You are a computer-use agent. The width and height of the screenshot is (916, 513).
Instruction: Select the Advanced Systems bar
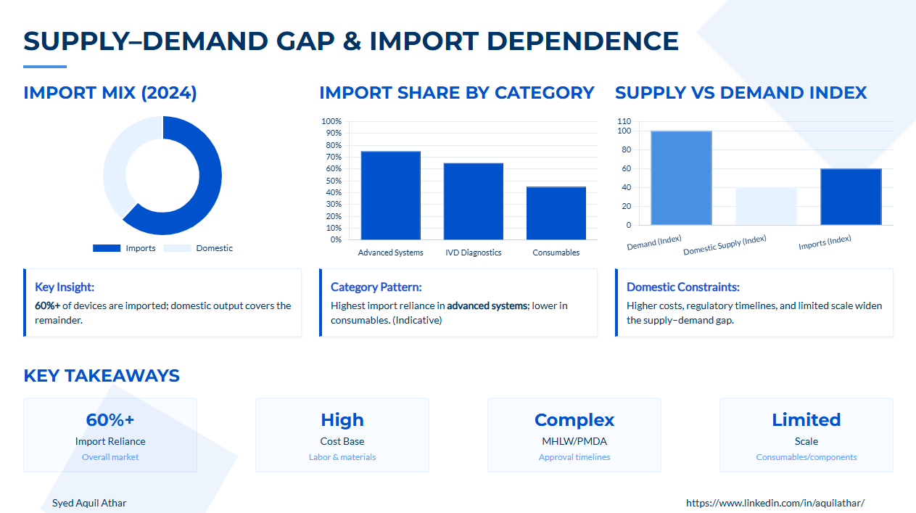coord(390,195)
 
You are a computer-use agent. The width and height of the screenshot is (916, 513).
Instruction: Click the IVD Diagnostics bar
coord(474,201)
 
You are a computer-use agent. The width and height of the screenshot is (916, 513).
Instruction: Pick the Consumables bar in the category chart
coord(556,213)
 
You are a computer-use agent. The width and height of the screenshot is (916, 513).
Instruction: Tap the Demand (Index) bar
coord(681,178)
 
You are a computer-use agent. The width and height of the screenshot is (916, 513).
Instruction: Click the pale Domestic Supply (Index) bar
coord(766,206)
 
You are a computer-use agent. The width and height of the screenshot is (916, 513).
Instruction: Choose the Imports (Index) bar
coord(851,197)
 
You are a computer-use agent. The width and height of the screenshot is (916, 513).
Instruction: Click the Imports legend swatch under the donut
coord(107,248)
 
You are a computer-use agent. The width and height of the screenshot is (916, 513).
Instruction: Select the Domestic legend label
coord(214,248)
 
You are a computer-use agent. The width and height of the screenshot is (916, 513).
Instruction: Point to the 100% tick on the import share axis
coord(331,121)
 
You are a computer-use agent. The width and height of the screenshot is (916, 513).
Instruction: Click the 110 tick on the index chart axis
coord(624,121)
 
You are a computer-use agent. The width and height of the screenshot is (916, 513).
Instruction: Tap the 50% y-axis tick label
coord(334,181)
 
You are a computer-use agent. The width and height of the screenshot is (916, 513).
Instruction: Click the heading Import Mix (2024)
coord(110,93)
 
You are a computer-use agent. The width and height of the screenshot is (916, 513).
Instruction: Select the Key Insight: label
coord(65,287)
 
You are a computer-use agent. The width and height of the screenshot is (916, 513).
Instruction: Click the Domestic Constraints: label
coord(683,287)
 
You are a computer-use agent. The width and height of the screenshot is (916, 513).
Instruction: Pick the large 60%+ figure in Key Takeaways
coord(110,419)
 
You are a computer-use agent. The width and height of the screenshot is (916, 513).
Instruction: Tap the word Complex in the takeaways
coord(574,420)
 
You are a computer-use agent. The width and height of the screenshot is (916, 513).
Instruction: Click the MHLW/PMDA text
coord(574,441)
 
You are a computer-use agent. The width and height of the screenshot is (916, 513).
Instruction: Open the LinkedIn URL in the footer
coord(775,503)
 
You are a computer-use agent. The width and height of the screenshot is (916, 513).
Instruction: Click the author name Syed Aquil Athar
coord(89,503)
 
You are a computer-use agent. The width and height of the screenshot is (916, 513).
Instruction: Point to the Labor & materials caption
coord(342,457)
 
